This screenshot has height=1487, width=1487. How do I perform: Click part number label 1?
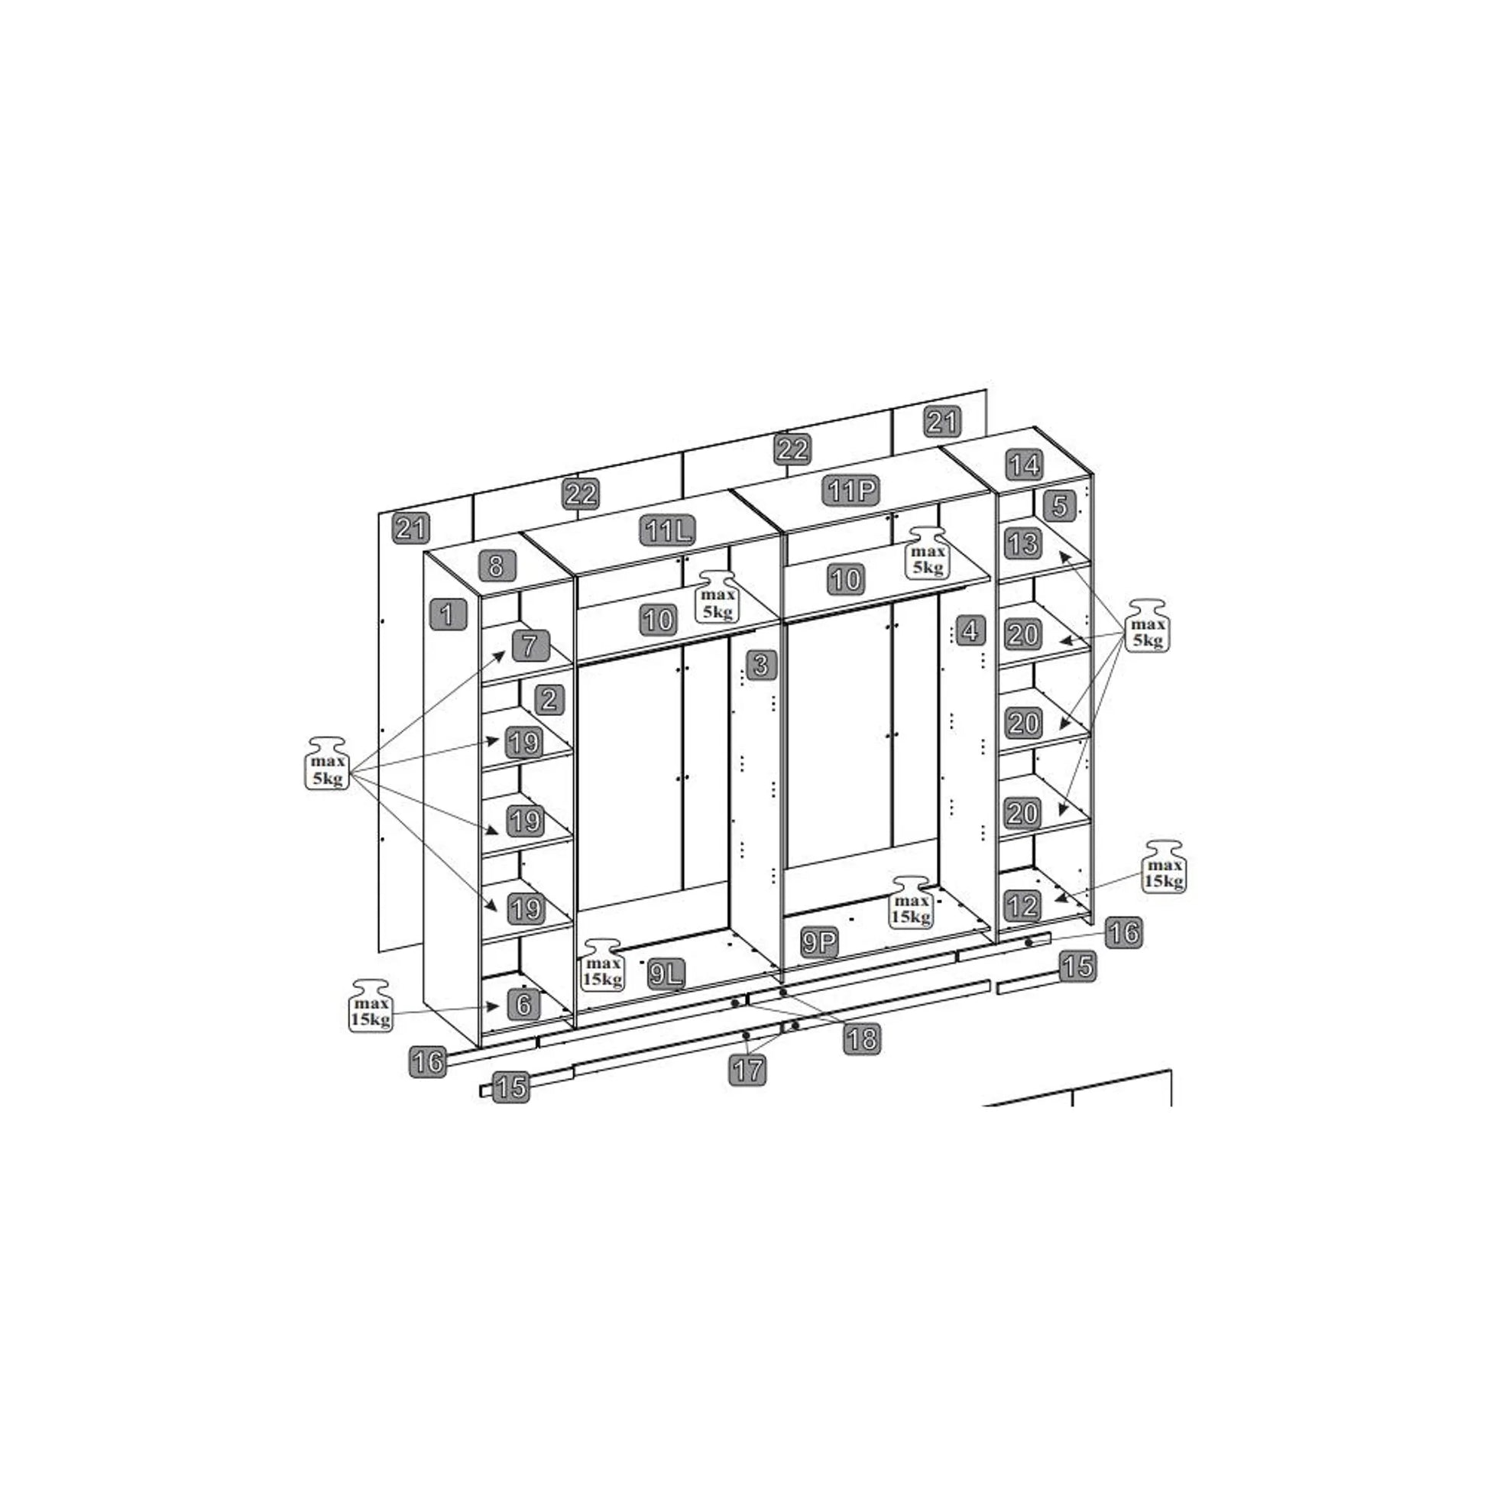(448, 615)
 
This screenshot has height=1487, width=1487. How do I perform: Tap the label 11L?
(669, 530)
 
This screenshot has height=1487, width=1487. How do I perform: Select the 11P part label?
(853, 491)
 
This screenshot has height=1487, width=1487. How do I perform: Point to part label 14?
(1025, 465)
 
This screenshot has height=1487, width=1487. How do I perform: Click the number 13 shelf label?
(1024, 544)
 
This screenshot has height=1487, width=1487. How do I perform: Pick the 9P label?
(819, 943)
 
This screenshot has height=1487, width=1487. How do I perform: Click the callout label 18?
(862, 1040)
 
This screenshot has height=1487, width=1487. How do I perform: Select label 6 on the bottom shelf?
(524, 1003)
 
